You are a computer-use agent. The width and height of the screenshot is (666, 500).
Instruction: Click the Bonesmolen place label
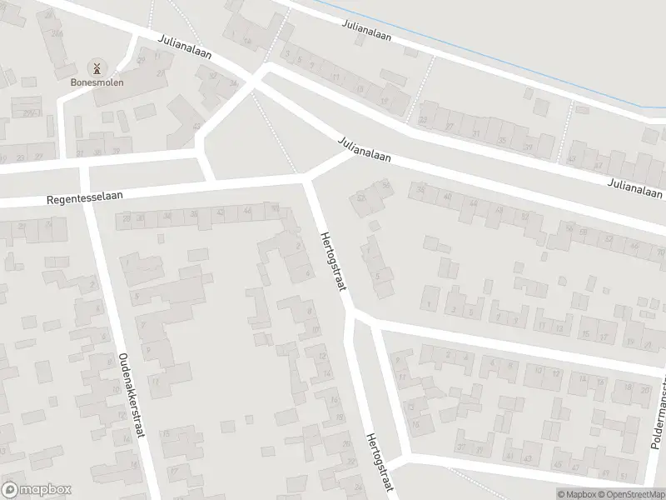(x=96, y=82)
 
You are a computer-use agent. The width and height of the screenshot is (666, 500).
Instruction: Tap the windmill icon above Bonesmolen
(x=96, y=67)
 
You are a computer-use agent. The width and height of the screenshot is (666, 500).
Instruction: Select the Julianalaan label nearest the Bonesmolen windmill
(x=186, y=47)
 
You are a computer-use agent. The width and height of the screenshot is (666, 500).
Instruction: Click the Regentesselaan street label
(x=85, y=197)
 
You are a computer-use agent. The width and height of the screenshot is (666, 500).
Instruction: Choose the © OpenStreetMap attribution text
(x=631, y=492)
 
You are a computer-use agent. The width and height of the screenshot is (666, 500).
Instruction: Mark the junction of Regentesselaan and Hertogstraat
(x=306, y=178)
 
